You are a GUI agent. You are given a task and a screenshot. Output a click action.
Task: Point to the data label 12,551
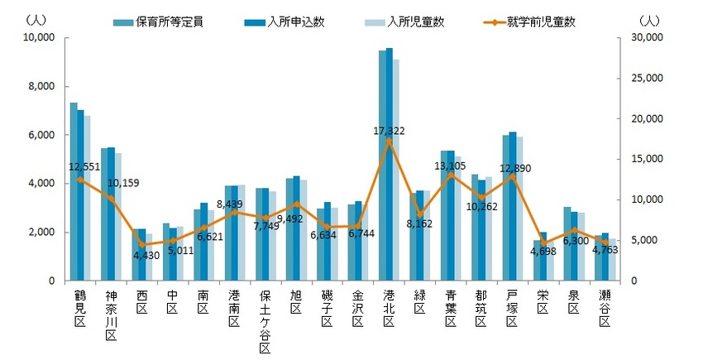pos(86,166)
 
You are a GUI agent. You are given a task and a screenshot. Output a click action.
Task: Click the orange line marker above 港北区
pos(389,141)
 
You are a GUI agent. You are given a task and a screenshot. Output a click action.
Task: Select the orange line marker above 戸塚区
pos(513,176)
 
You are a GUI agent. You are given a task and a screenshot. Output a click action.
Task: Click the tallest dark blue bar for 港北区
pos(390,165)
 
